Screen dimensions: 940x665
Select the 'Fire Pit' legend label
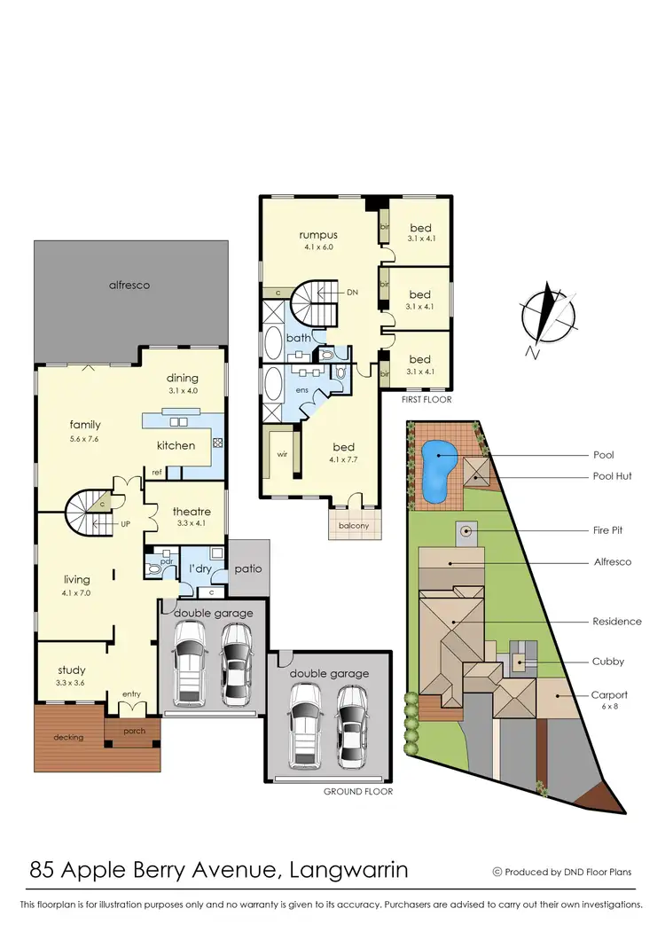pyautogui.click(x=607, y=530)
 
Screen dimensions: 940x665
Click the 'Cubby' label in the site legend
pyautogui.click(x=608, y=661)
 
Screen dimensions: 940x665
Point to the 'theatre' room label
pyautogui.click(x=192, y=512)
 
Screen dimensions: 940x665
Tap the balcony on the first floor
pyautogui.click(x=353, y=524)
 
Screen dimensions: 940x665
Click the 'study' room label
pyautogui.click(x=72, y=670)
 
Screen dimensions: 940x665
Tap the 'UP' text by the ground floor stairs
pyautogui.click(x=125, y=524)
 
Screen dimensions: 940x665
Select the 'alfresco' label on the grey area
pyautogui.click(x=129, y=286)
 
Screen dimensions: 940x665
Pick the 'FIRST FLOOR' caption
pyautogui.click(x=426, y=400)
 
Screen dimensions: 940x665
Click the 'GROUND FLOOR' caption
pyautogui.click(x=358, y=791)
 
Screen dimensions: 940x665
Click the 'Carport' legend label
pyautogui.click(x=610, y=695)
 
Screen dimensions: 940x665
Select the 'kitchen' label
pyautogui.click(x=176, y=445)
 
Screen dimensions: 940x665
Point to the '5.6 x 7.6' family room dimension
pyautogui.click(x=85, y=438)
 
